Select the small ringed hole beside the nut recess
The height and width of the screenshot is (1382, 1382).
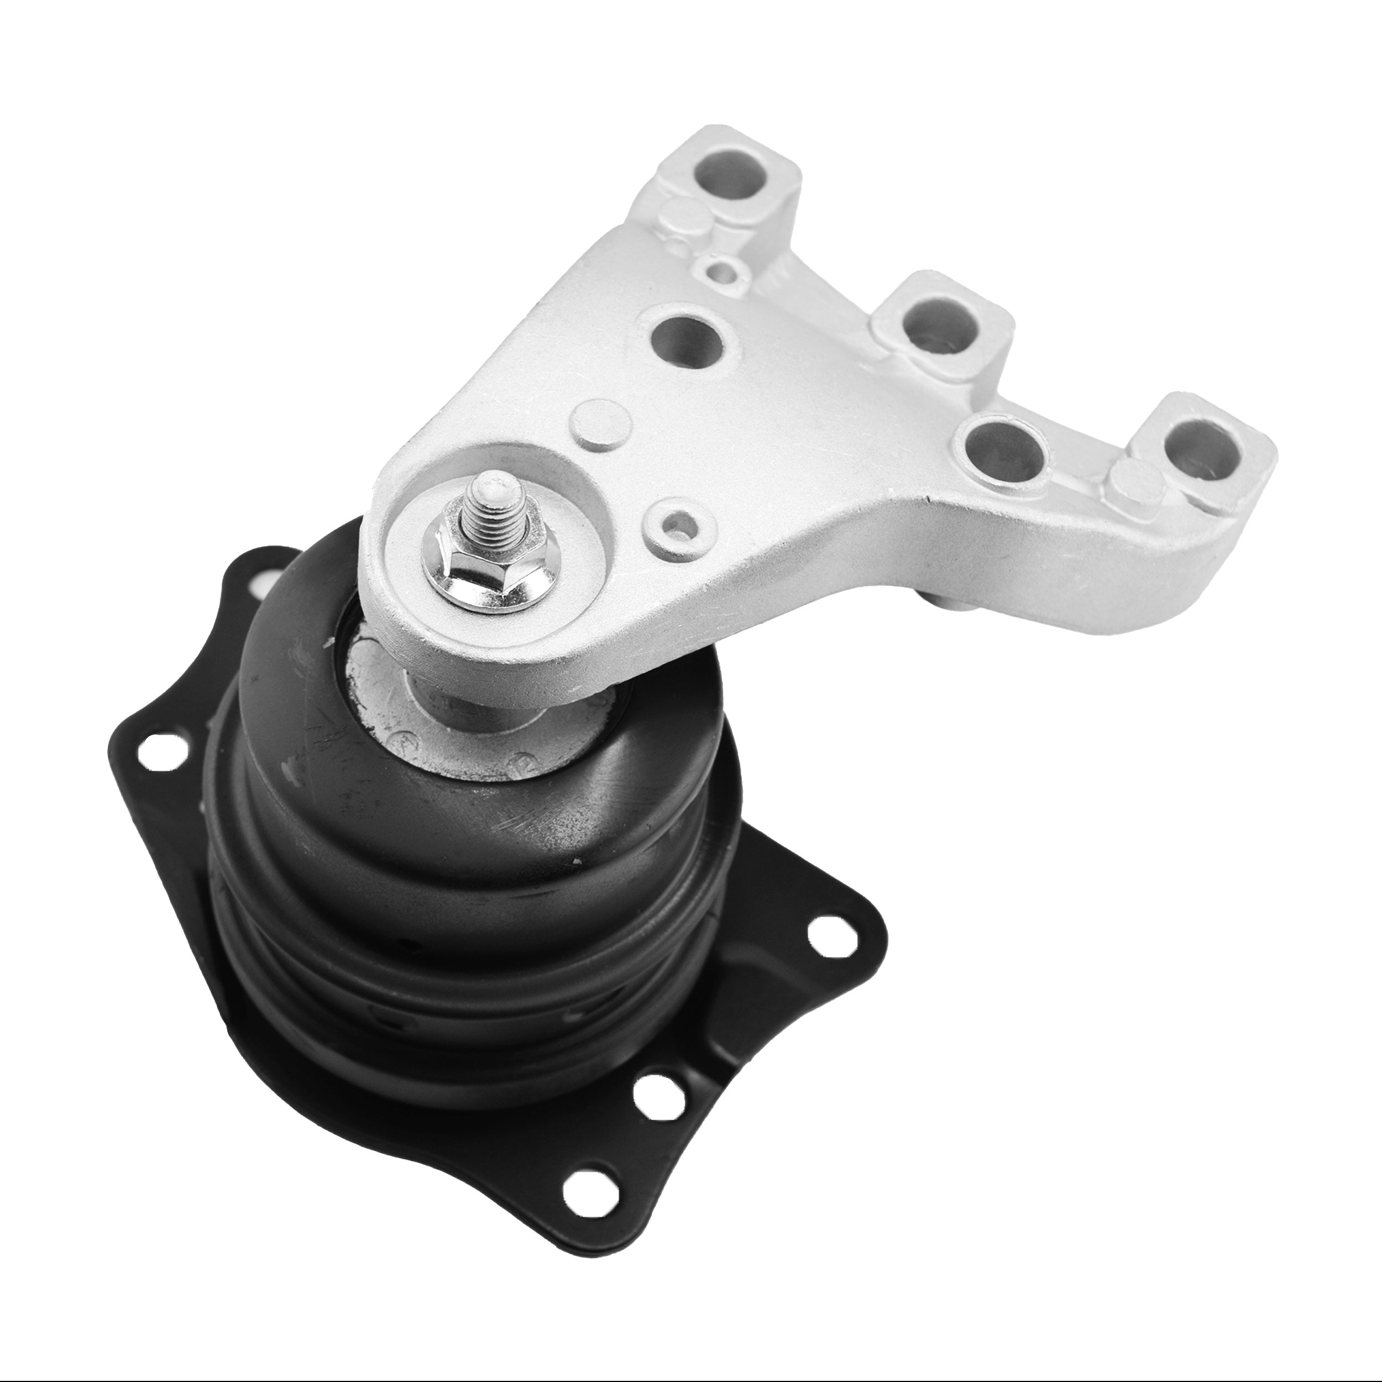click(677, 526)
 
